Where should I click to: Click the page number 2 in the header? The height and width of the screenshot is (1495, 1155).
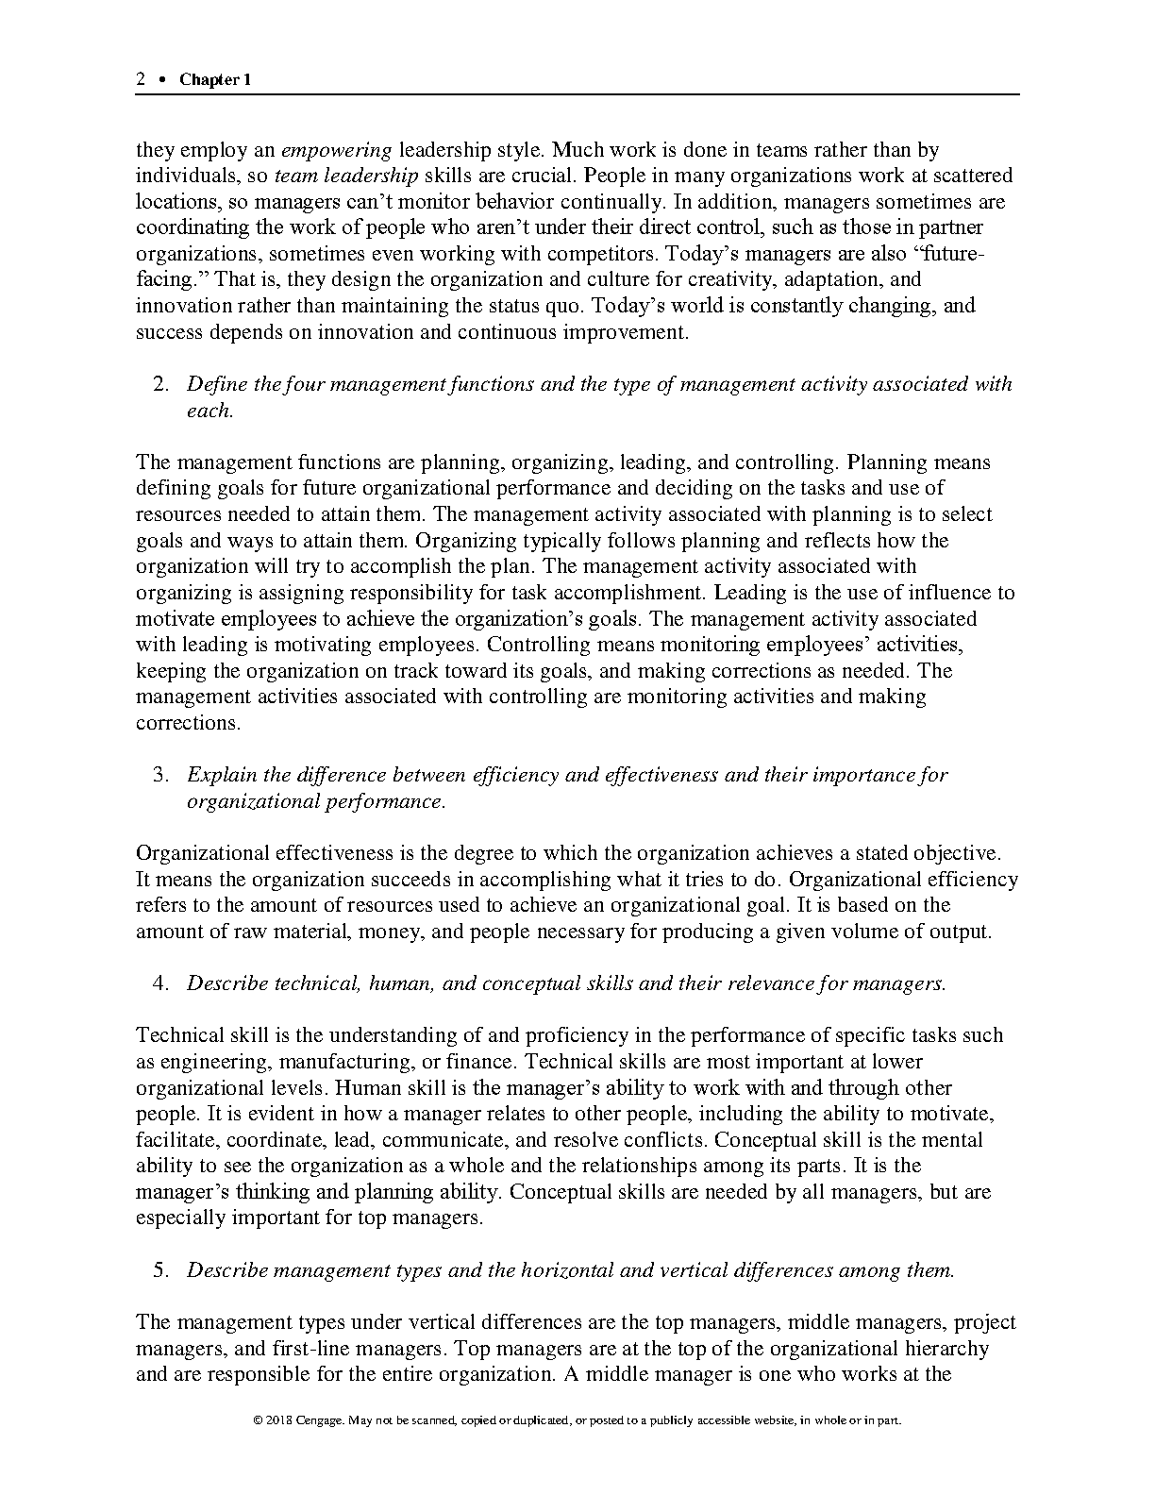click(x=141, y=80)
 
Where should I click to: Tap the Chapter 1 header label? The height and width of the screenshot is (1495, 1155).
click(x=215, y=80)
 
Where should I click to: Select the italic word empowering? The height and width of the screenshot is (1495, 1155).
click(x=337, y=150)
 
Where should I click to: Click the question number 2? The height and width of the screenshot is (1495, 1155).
click(x=160, y=384)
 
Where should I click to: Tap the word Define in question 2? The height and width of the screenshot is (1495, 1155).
click(x=216, y=384)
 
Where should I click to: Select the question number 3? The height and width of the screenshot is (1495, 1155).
click(x=160, y=775)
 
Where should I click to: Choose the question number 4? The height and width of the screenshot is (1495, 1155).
click(x=160, y=983)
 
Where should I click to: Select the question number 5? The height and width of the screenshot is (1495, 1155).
click(x=160, y=1270)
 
